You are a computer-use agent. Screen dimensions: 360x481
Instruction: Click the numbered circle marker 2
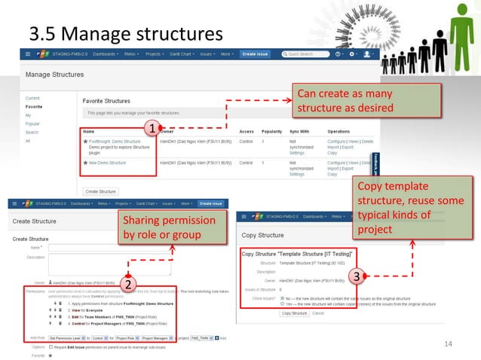pos(129,285)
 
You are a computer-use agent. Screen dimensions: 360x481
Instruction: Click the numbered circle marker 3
pos(359,277)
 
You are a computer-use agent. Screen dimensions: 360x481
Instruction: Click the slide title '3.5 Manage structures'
pos(126,34)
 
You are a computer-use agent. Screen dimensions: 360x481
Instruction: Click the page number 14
pos(449,344)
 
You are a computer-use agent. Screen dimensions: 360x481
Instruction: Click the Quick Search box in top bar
pos(308,54)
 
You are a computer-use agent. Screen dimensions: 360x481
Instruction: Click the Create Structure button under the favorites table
pos(100,191)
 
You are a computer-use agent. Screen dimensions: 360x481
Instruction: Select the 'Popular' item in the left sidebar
pos(33,124)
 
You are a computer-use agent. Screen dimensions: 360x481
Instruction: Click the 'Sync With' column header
pos(290,130)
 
